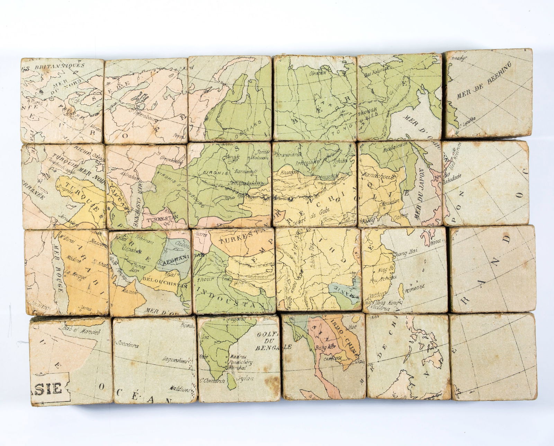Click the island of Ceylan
pos(230,377)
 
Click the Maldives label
pos(180,390)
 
